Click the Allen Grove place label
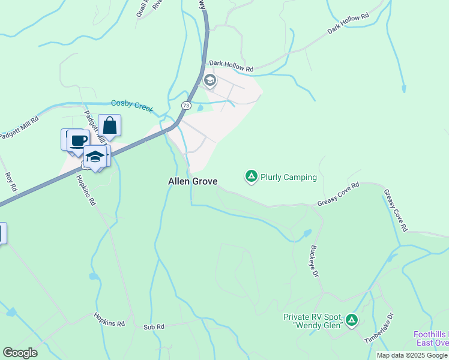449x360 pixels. pos(192,181)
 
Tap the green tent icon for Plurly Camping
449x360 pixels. pos(252,176)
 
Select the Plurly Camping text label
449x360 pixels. pos(288,177)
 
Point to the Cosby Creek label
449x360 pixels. pos(132,106)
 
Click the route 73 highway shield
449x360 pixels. pos(187,105)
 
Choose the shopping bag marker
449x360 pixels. pos(109,126)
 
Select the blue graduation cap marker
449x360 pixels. pos(95,156)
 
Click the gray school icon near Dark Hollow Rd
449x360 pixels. pos(209,80)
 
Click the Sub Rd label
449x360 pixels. pos(154,327)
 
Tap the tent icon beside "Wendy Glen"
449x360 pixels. pos(351,320)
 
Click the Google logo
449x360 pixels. pos(20,353)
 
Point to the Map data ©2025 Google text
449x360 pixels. pos(412,355)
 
